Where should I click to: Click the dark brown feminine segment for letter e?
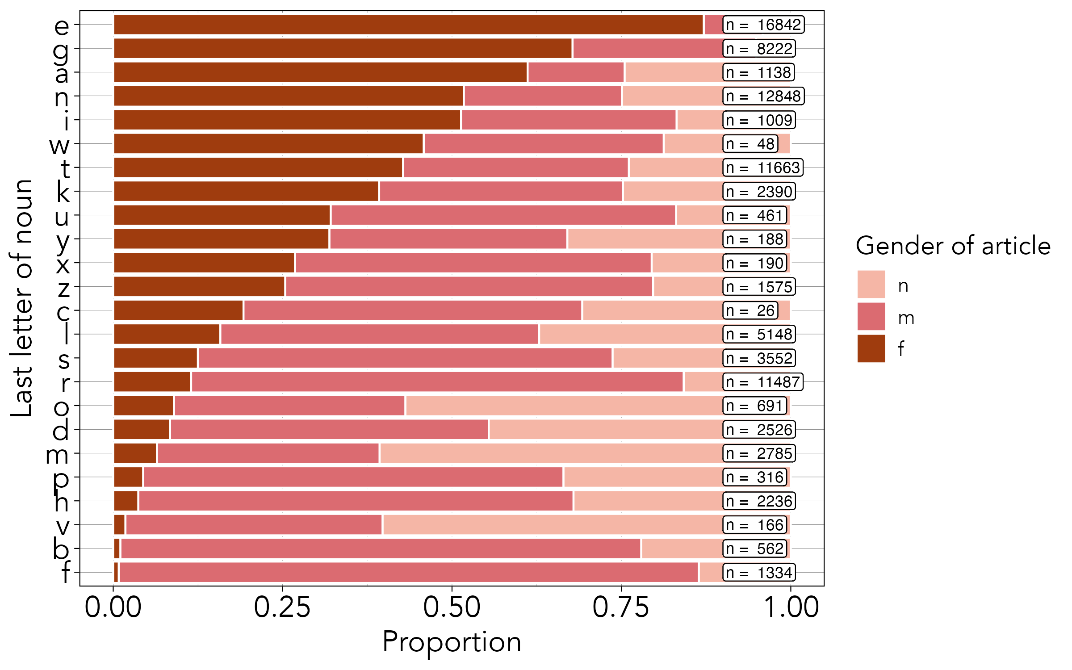click(408, 25)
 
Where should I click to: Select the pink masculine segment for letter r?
click(437, 382)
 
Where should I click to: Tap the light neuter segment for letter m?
click(551, 453)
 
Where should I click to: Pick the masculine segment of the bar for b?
click(380, 549)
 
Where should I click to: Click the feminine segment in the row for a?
click(320, 72)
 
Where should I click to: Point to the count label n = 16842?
click(763, 25)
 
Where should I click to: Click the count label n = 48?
click(750, 144)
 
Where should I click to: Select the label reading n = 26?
click(750, 310)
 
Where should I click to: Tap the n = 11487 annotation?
click(763, 382)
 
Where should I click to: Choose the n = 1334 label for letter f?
click(759, 573)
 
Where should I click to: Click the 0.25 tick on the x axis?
click(282, 607)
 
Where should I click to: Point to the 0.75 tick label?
click(621, 607)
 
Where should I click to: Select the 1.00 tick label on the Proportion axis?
click(791, 607)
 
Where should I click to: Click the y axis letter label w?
click(59, 145)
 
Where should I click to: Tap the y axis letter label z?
click(63, 289)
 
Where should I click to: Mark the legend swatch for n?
click(871, 284)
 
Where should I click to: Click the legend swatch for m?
click(871, 316)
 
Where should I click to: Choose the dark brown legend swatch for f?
click(871, 348)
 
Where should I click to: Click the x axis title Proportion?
click(452, 642)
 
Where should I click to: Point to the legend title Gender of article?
click(953, 246)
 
